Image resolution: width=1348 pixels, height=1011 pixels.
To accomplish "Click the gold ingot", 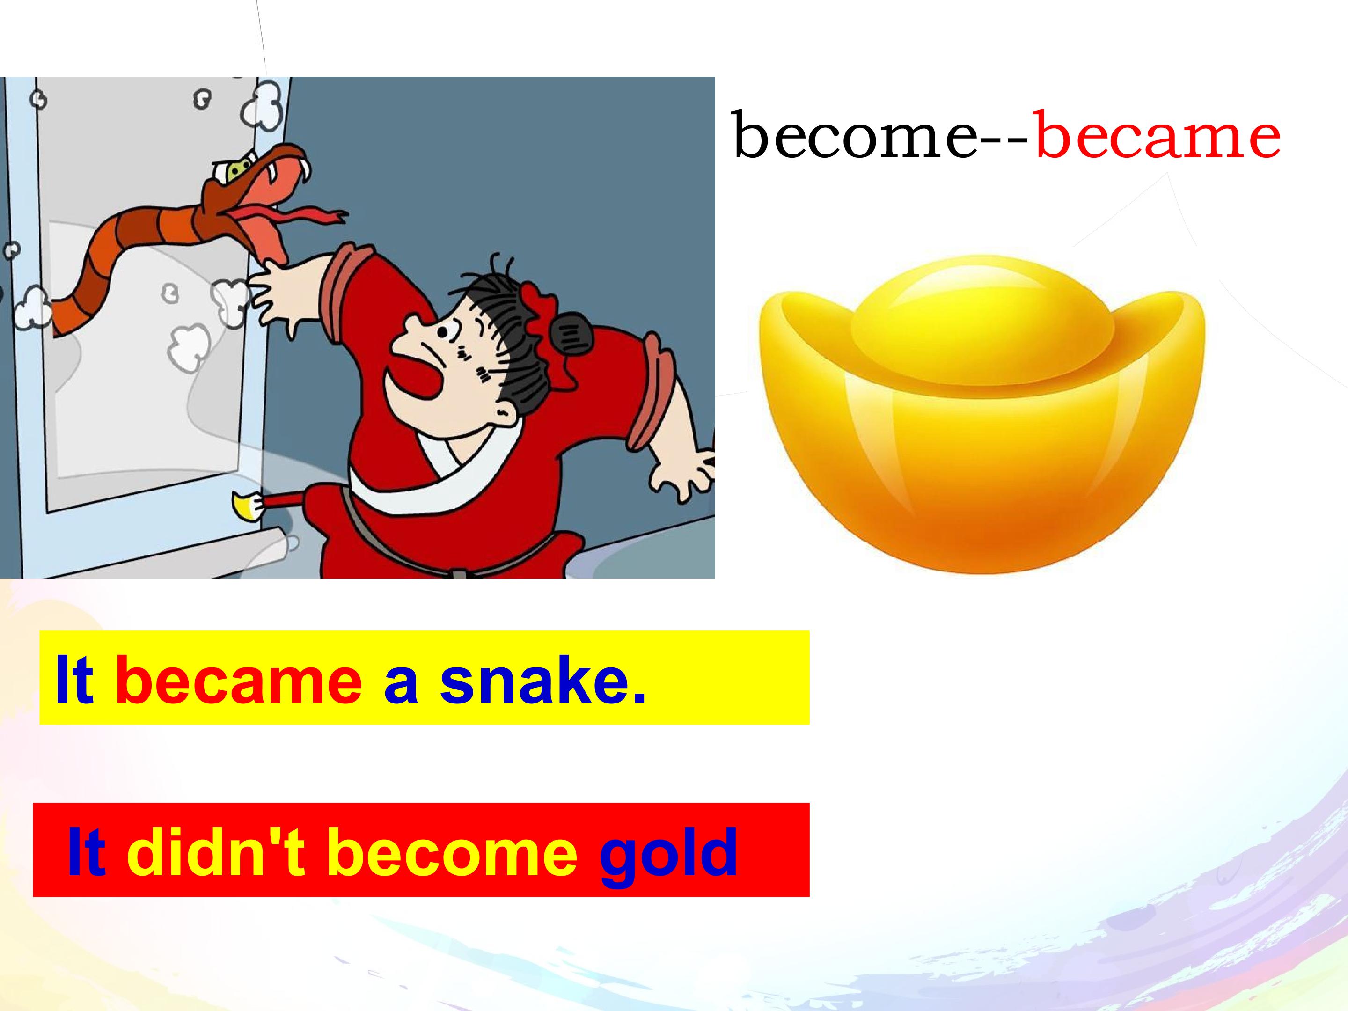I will click(981, 414).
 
